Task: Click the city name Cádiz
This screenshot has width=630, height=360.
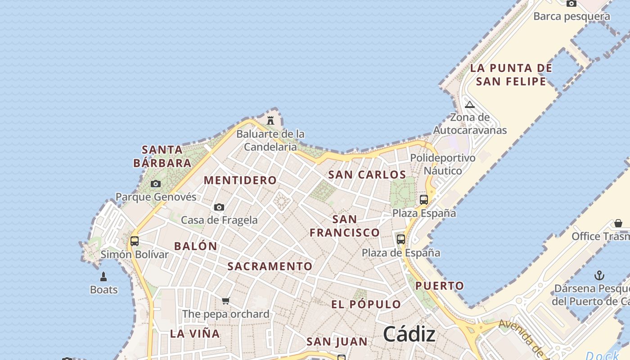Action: point(409,334)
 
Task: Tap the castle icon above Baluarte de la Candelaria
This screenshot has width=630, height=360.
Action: point(270,121)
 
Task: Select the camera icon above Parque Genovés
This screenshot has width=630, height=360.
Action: point(156,184)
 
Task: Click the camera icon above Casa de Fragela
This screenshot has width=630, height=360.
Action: point(219,207)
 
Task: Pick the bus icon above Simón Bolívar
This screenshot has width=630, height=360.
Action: point(134,241)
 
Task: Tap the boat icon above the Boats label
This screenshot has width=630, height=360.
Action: point(103,277)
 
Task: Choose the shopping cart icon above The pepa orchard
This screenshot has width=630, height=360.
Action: point(226,301)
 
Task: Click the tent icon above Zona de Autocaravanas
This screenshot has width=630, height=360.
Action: point(470,105)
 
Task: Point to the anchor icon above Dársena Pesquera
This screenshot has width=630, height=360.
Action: point(599,275)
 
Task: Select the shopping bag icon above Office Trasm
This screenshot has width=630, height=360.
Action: point(618,223)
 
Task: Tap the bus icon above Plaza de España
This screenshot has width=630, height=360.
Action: point(401,239)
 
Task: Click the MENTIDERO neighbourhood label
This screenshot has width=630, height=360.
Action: point(240,180)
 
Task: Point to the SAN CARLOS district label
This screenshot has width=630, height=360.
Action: point(367,175)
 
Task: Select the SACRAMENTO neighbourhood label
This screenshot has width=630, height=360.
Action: point(270,266)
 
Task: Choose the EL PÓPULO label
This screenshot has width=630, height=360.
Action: point(366,304)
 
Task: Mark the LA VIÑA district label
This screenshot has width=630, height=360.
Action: point(195,334)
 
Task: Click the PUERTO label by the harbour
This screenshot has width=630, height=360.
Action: point(439,286)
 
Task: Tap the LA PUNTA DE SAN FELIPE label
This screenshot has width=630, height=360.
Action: point(511,75)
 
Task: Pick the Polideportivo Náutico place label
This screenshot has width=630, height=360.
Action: point(443,164)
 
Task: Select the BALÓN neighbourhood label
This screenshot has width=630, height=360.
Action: point(196,246)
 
